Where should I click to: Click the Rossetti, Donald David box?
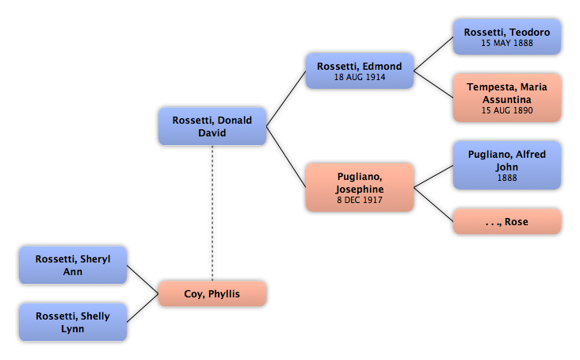(x=212, y=127)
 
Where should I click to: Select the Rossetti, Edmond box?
(x=360, y=71)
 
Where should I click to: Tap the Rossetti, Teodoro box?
(x=507, y=37)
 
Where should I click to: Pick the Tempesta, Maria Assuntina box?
(x=507, y=98)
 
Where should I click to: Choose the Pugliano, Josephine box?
(x=360, y=187)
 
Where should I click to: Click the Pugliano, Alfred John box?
(x=507, y=165)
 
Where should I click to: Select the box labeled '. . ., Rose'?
(x=507, y=221)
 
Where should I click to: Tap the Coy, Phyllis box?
(x=212, y=293)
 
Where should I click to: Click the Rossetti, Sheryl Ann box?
(x=73, y=266)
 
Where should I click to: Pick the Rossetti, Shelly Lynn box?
(x=73, y=322)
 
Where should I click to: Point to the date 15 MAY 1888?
(x=507, y=43)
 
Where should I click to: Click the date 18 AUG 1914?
(x=360, y=77)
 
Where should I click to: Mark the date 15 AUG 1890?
(x=507, y=110)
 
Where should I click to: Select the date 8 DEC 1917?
(x=360, y=200)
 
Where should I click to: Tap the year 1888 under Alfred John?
(x=507, y=178)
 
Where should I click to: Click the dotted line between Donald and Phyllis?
(x=212, y=213)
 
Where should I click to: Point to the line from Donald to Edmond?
(x=286, y=99)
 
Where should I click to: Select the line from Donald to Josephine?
(x=286, y=157)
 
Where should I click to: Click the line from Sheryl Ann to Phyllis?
(x=143, y=279)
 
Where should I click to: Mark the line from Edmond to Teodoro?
(x=433, y=54)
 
